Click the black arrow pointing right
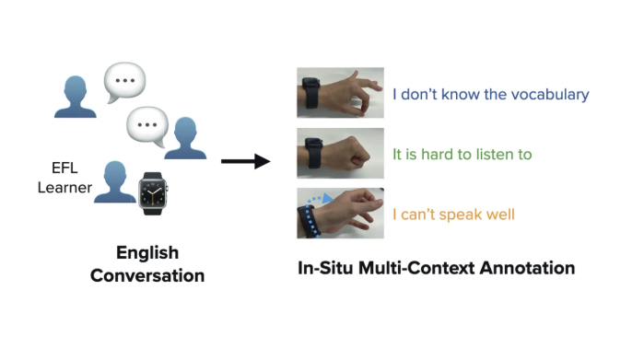[244, 162]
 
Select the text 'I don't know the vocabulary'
[490, 94]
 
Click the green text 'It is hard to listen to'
[462, 155]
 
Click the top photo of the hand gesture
[340, 93]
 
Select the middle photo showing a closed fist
[340, 153]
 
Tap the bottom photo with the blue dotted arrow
[340, 213]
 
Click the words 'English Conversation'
[147, 264]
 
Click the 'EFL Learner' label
[72, 177]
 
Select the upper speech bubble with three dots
[124, 82]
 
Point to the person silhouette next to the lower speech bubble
[186, 137]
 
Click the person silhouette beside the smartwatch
[115, 181]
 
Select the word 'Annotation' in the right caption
[529, 269]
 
